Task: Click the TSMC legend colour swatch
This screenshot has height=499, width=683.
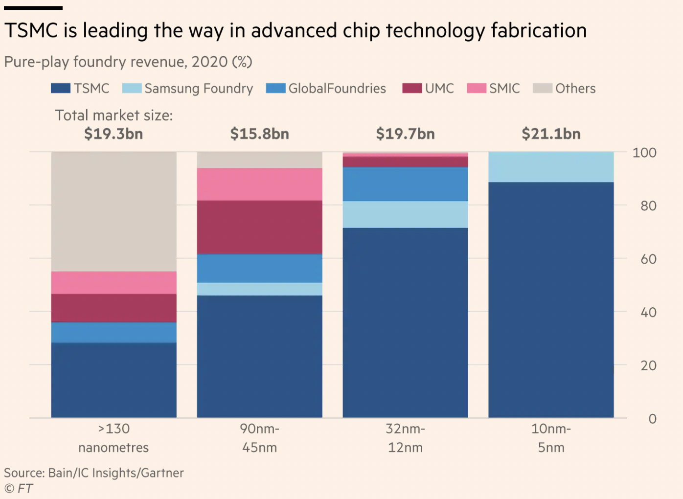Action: coord(61,88)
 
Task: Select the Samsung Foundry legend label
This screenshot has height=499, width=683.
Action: coord(199,89)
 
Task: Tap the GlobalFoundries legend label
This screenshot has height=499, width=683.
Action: coord(337,89)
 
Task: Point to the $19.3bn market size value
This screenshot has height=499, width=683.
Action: coord(114,134)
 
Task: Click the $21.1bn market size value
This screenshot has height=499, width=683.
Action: coord(551,134)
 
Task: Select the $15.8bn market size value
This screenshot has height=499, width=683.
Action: coord(259,134)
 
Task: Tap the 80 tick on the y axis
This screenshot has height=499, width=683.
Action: coord(648,205)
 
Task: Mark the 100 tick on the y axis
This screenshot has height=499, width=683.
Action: coord(644,153)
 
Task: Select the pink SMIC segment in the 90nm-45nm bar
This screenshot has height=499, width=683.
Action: coord(259,184)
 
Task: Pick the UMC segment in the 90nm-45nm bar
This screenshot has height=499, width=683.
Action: coord(259,227)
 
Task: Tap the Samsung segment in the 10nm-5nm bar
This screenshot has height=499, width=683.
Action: coord(551,167)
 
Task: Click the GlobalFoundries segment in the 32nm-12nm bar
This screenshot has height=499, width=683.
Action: coord(405,184)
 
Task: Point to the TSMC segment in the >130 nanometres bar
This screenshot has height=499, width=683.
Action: coord(114,380)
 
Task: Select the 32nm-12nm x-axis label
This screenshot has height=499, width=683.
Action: coord(405,438)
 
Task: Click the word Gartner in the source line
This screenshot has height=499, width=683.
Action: coord(164,473)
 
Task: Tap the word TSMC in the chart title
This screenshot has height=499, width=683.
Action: coord(31,30)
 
